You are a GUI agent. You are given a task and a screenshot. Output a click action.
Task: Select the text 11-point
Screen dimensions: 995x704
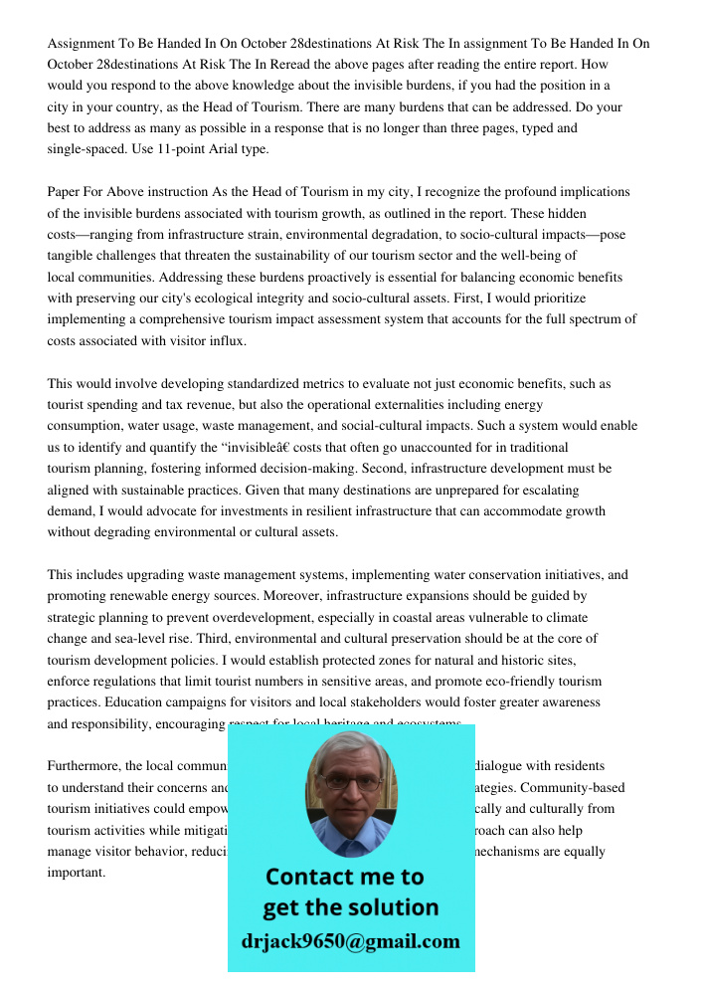(x=211, y=149)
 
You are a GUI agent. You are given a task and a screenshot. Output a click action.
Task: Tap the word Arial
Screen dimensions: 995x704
(x=253, y=149)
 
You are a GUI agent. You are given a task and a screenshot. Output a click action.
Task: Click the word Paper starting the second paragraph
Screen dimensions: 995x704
(x=65, y=192)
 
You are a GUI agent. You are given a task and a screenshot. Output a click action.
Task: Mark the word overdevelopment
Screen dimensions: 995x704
(x=253, y=617)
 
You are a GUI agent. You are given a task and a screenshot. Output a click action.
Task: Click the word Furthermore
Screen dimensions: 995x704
(x=84, y=766)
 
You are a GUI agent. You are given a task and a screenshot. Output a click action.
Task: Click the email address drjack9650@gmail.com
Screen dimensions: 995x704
(x=351, y=941)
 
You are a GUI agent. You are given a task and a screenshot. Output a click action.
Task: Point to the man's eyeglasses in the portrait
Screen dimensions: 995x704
(x=349, y=782)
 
